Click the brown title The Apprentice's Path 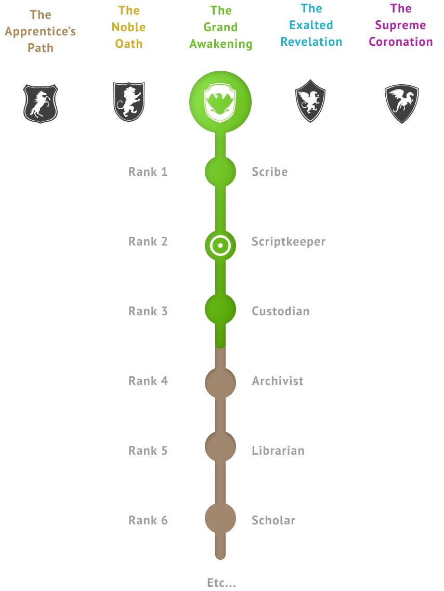[x=41, y=31]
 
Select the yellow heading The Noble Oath [x=129, y=27]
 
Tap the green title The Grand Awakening [x=221, y=27]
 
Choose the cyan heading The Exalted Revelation [x=311, y=24]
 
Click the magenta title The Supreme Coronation [x=400, y=24]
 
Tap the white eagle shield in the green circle [x=220, y=102]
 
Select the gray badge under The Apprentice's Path [x=40, y=103]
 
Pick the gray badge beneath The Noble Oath [x=129, y=102]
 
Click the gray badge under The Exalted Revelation [x=311, y=102]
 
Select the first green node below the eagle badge [x=220, y=172]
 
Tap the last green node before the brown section [x=220, y=310]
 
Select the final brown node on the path [x=220, y=518]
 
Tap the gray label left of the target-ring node [x=149, y=240]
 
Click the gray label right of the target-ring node [x=288, y=241]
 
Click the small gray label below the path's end [x=219, y=582]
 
